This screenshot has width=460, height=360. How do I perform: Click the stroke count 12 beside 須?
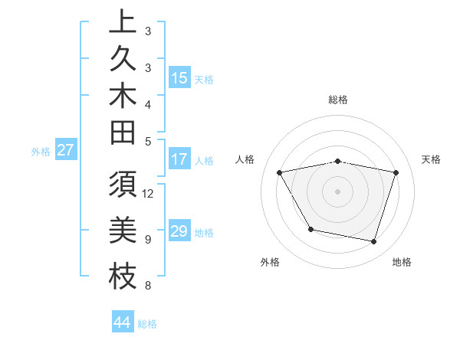pos(149,193)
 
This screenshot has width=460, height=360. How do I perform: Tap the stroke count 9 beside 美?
pos(147,239)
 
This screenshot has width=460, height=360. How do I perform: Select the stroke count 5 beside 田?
pos(147,141)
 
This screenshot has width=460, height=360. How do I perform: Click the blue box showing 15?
pos(179,78)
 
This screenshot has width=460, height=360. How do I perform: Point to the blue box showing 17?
pos(179,160)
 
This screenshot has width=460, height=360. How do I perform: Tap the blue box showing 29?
pos(179,231)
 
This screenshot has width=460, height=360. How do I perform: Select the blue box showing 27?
pos(66,150)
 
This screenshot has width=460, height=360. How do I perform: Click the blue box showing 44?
pos(123,322)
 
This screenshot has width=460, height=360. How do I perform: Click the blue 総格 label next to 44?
pos(148,324)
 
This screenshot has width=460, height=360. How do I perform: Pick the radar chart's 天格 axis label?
pos(432,159)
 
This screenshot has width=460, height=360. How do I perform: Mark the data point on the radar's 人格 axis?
pos(280,173)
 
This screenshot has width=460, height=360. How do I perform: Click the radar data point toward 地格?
pos(373,242)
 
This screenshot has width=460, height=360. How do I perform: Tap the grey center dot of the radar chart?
pos(337,191)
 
